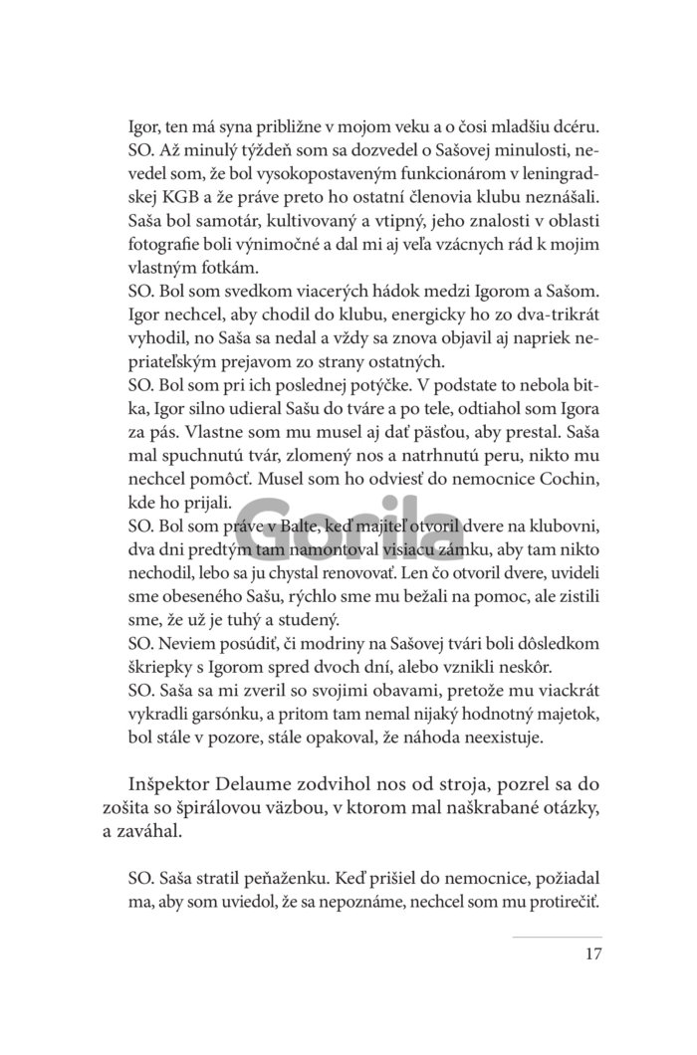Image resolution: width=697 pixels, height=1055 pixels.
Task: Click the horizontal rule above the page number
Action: [x=558, y=937]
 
